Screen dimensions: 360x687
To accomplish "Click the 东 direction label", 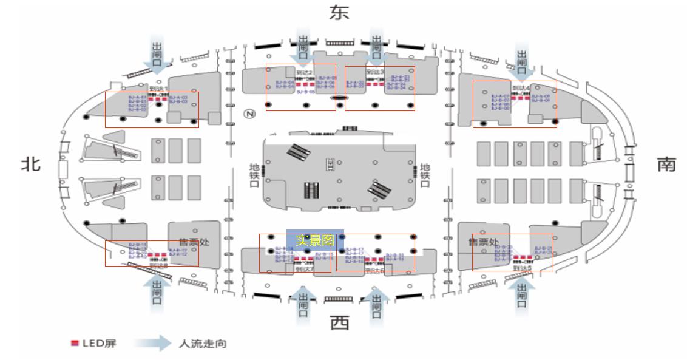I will click(339, 13).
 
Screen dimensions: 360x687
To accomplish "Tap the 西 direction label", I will click(339, 324).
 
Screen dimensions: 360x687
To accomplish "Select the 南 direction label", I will click(666, 165).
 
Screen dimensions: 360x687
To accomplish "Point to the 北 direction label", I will click(31, 164).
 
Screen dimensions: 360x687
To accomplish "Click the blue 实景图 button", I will click(315, 240).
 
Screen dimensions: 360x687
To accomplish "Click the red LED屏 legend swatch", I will click(75, 344).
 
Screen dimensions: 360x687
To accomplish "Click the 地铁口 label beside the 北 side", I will click(254, 175).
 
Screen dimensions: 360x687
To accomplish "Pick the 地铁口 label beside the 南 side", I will click(425, 175).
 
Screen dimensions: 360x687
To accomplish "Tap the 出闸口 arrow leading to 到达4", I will click(522, 60).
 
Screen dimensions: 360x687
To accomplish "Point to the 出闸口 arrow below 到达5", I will click(522, 294).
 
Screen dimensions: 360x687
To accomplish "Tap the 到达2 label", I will click(304, 72).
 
